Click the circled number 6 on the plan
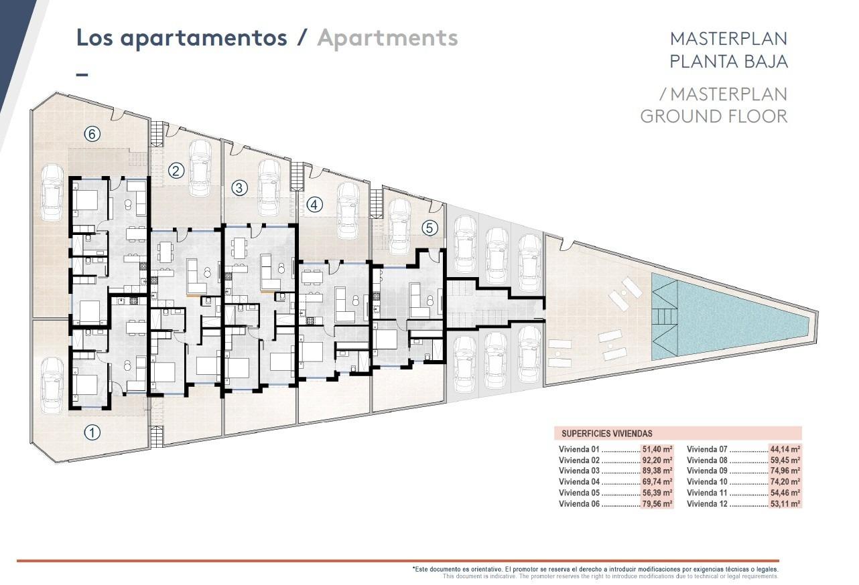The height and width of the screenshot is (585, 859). tap(92, 134)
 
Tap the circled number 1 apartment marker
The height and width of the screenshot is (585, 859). tap(92, 432)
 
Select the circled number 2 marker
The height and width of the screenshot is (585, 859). tap(176, 171)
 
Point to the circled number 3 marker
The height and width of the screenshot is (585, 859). tap(239, 188)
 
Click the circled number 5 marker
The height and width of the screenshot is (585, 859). tap(429, 228)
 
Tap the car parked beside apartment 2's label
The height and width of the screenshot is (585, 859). tap(200, 167)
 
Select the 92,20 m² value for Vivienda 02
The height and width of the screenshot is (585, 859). tap(657, 461)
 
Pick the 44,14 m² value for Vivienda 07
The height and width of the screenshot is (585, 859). tap(785, 450)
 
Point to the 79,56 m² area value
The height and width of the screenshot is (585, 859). tap(657, 504)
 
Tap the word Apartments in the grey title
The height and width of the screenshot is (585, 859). tap(387, 37)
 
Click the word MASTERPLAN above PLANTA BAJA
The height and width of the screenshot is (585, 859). tap(728, 38)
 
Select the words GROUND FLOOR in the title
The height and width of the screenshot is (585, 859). tap(714, 116)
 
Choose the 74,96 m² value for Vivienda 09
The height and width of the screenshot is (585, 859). tap(785, 471)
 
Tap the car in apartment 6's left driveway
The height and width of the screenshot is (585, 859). tap(52, 193)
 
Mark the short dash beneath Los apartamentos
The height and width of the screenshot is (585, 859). tap(82, 74)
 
